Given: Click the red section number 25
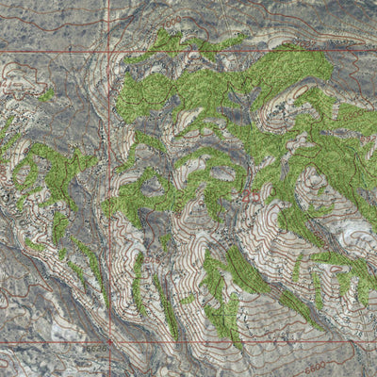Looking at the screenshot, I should click(x=248, y=195).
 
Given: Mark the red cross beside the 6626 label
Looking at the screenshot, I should click(x=111, y=340).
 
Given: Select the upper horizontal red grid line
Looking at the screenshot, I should click(x=236, y=49).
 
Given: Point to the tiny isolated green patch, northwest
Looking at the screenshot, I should click(x=45, y=94).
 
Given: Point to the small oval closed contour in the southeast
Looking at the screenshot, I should click(x=311, y=273).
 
